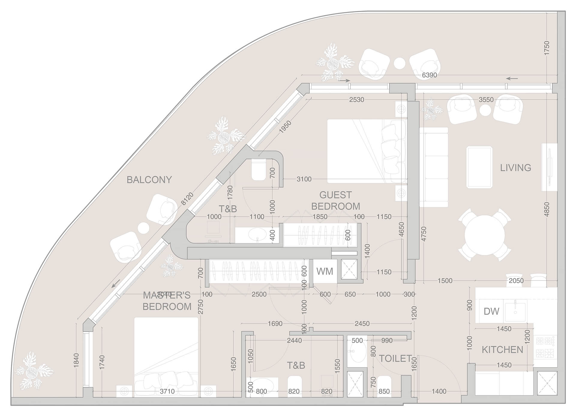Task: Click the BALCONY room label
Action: pyautogui.click(x=149, y=180)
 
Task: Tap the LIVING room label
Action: pyautogui.click(x=515, y=168)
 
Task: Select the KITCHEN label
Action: pyautogui.click(x=502, y=349)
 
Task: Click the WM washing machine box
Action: pyautogui.click(x=325, y=271)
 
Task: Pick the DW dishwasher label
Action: pyautogui.click(x=491, y=311)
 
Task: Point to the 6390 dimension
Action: pyautogui.click(x=429, y=75)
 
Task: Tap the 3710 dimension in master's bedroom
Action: pyautogui.click(x=167, y=391)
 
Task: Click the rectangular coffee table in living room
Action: pyautogui.click(x=479, y=167)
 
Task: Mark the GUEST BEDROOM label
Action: pyautogui.click(x=335, y=201)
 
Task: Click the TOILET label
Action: pyautogui.click(x=395, y=358)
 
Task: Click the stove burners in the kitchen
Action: pyautogui.click(x=545, y=347)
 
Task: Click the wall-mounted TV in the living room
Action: pyautogui.click(x=549, y=167)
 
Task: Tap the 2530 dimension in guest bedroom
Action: pyautogui.click(x=356, y=100)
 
